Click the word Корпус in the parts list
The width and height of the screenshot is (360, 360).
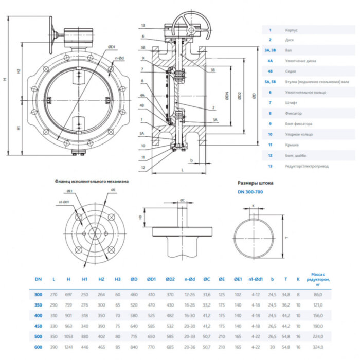tap(292, 30)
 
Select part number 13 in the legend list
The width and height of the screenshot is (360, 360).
tap(270, 166)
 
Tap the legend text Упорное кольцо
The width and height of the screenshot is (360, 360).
tap(299, 134)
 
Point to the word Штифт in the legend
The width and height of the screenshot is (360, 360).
tap(291, 103)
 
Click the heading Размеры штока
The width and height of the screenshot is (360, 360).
tap(256, 183)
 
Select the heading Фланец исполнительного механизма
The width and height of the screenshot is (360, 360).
tap(92, 182)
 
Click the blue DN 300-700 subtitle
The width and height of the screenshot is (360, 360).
tap(250, 192)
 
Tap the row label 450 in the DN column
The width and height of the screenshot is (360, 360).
tap(38, 326)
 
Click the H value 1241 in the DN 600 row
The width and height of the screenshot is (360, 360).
tap(69, 348)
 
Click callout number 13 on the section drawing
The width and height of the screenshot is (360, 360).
tap(142, 25)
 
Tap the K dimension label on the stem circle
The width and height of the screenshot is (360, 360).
tap(254, 206)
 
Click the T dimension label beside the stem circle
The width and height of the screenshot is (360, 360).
tap(286, 238)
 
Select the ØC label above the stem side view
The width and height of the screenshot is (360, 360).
tap(183, 200)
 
